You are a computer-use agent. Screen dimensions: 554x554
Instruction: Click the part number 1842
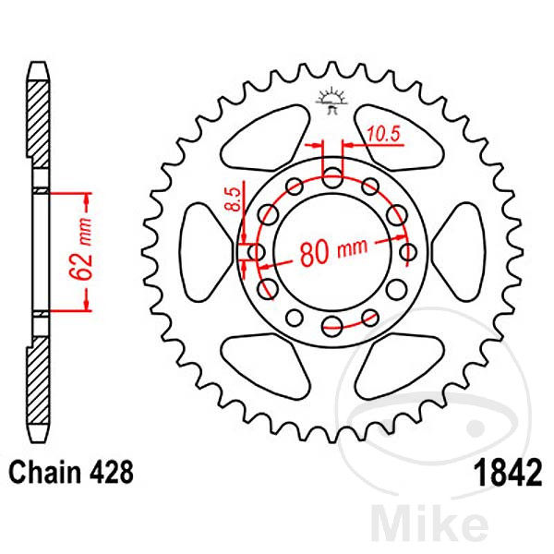pos(503,474)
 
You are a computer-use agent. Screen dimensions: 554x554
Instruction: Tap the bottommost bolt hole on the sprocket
pos(331,324)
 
